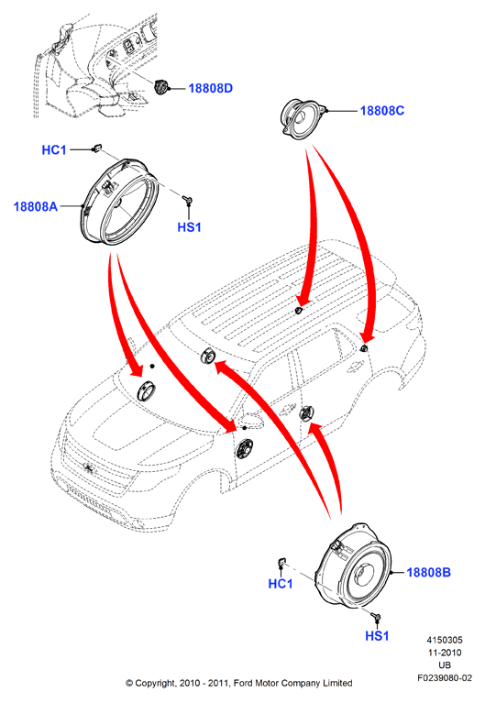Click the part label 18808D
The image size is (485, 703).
(211, 88)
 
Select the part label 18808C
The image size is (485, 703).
(382, 111)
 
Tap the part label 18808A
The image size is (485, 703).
(36, 207)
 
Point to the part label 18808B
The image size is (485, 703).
(428, 573)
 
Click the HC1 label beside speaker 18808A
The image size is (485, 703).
(54, 149)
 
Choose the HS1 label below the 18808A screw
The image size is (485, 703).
(190, 227)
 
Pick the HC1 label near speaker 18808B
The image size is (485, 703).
(281, 584)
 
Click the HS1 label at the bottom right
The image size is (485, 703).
(377, 636)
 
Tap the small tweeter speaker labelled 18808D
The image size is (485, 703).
(160, 86)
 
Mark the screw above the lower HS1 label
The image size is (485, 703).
(377, 619)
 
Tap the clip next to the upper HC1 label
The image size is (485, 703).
(96, 148)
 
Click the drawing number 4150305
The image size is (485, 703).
(445, 641)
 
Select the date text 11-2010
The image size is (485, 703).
(445, 653)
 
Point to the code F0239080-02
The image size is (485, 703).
(445, 678)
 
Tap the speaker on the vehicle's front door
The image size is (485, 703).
(245, 448)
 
